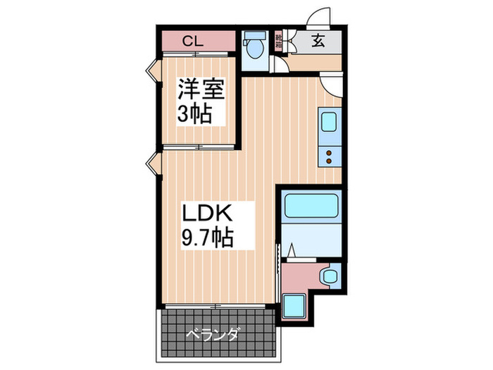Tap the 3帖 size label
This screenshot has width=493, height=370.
click(194, 113)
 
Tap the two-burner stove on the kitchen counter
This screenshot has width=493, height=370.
click(330, 155)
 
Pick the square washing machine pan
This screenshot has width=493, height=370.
click(294, 307)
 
